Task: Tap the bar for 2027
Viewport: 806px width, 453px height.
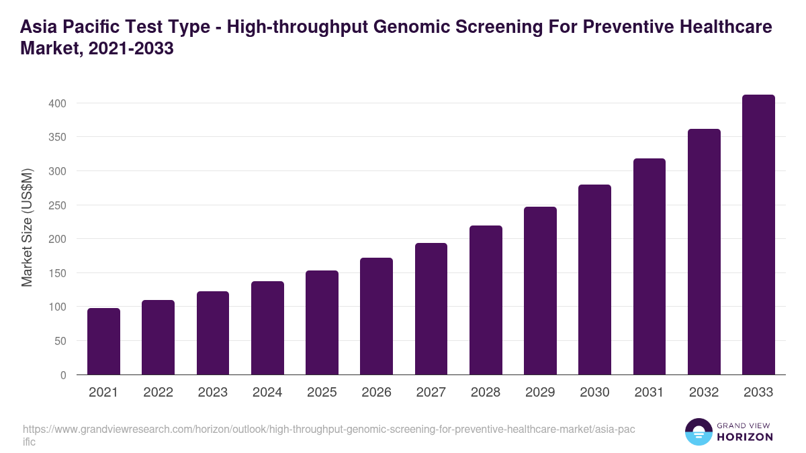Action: point(431,309)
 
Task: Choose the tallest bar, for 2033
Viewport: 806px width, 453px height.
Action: point(758,235)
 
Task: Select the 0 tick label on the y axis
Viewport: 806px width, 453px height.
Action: point(62,375)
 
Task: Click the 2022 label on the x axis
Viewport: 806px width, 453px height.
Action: point(158,393)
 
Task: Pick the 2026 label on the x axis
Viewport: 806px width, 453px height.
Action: point(376,393)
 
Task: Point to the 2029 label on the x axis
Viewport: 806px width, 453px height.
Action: point(540,393)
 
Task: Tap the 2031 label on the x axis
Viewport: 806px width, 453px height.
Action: point(650,393)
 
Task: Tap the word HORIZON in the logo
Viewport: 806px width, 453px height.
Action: point(745,437)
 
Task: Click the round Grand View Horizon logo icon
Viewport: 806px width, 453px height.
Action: point(699,432)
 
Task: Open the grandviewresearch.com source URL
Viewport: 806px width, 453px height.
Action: point(328,429)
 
